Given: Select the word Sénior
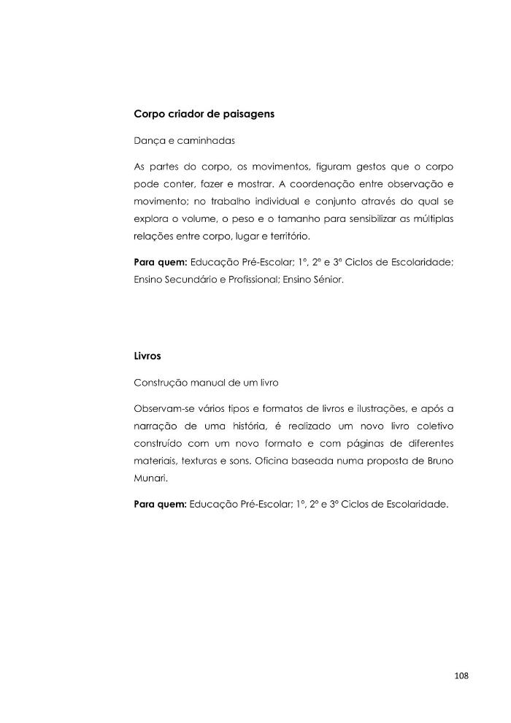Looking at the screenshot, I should [326, 280].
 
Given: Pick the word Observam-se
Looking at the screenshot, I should [164, 406].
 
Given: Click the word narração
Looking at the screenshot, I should [155, 425].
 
